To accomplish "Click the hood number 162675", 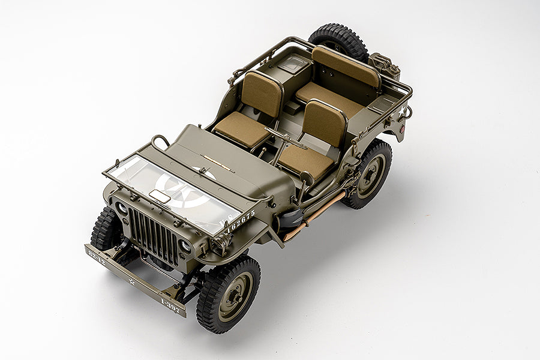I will point(240,220).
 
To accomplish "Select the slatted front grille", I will point(154,235).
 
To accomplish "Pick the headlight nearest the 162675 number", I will point(185,246).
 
